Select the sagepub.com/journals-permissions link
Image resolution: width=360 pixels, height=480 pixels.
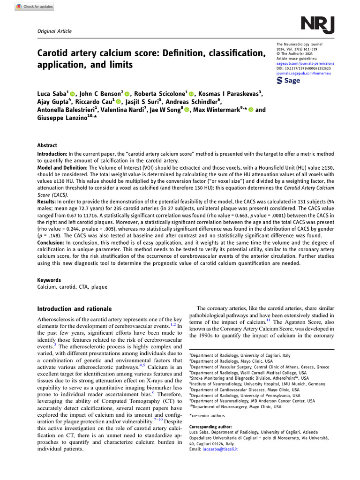[306, 63]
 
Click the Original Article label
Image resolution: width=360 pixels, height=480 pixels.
[54, 31]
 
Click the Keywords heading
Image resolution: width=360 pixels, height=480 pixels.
[49, 280]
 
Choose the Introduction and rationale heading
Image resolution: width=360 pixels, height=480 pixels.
[75, 309]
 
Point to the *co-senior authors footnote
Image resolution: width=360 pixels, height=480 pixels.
[207, 416]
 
